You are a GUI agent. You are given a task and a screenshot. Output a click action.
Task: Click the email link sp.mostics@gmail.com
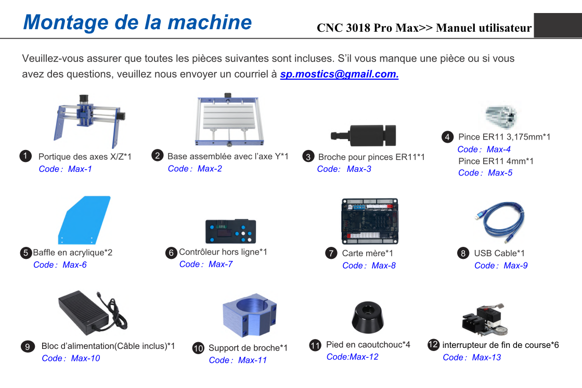[339, 74]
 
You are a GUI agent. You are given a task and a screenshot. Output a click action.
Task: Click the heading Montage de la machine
[137, 22]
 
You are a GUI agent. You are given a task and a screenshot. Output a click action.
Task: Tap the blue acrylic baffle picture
[84, 220]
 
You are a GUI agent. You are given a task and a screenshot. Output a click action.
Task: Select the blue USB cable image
[500, 222]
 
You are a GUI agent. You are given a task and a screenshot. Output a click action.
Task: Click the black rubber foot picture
[368, 317]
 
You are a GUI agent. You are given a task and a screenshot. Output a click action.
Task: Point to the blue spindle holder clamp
[250, 315]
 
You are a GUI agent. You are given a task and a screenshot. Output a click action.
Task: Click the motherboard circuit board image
[370, 221]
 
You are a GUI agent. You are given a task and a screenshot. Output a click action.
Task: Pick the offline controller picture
[230, 231]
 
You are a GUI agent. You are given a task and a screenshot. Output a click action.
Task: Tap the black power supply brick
[92, 312]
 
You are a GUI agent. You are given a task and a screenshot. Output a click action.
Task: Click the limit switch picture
[485, 319]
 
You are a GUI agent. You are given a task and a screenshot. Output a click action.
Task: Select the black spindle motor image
[364, 135]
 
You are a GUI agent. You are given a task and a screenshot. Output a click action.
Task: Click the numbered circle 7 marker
[331, 254]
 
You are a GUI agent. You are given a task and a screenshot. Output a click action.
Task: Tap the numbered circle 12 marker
[433, 345]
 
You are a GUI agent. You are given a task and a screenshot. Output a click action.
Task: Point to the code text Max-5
[500, 173]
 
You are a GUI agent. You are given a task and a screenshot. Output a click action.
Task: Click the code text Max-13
[486, 357]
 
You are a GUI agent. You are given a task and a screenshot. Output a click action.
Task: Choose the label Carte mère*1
[368, 254]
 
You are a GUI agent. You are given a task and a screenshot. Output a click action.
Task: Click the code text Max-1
[80, 169]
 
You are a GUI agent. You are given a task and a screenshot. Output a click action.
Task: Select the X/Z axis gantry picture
[89, 121]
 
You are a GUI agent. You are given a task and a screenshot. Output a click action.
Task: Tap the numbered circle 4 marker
[447, 137]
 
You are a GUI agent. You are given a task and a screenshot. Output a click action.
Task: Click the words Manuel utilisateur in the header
[484, 28]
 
